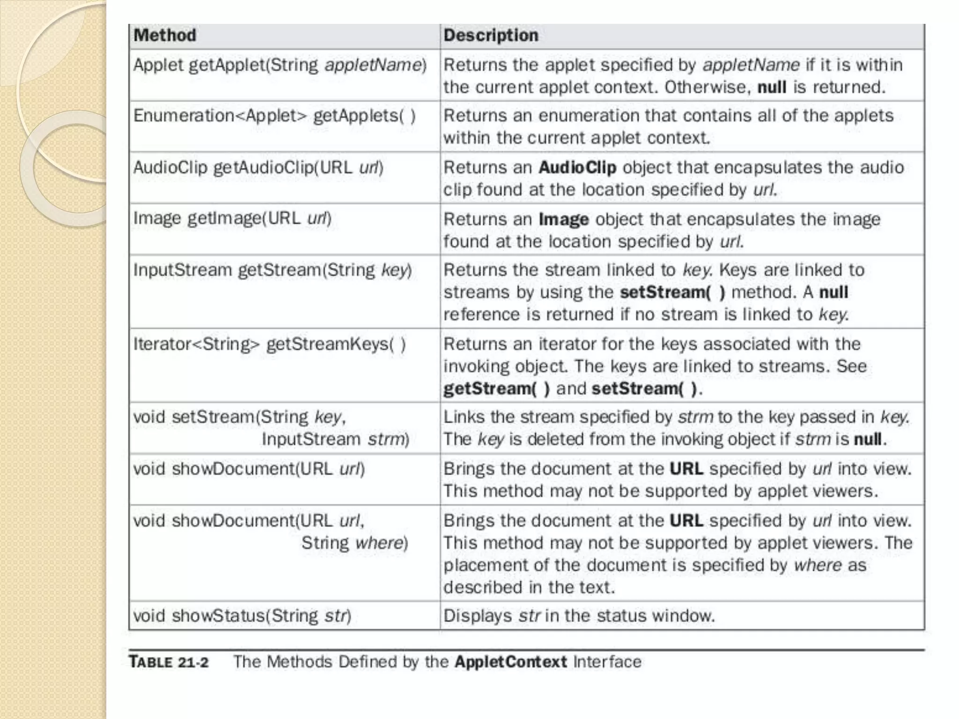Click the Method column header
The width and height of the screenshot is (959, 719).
click(165, 36)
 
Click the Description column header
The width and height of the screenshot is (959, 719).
click(491, 36)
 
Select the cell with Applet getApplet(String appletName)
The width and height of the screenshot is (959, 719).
click(280, 65)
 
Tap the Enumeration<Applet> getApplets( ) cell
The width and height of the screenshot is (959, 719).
click(274, 116)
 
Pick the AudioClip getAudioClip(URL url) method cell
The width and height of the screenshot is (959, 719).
click(258, 168)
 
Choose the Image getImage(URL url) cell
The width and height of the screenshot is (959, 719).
click(232, 219)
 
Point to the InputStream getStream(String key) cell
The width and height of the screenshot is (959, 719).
click(273, 270)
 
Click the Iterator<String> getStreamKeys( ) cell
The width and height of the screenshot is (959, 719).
click(269, 344)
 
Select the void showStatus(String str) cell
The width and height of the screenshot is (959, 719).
click(242, 616)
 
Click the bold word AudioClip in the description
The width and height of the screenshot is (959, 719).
click(577, 168)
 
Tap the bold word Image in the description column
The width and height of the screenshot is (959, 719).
click(563, 219)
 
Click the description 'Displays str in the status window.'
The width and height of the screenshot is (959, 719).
click(579, 616)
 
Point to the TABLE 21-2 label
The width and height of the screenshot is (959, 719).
click(169, 662)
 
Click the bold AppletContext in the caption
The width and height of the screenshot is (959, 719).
click(510, 662)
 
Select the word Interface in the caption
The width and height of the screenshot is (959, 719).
click(607, 662)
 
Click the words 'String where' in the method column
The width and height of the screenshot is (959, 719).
click(354, 543)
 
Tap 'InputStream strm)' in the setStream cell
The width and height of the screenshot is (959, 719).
click(335, 440)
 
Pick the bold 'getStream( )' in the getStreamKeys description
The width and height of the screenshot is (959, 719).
click(496, 389)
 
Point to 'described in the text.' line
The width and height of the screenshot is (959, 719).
click(529, 587)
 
